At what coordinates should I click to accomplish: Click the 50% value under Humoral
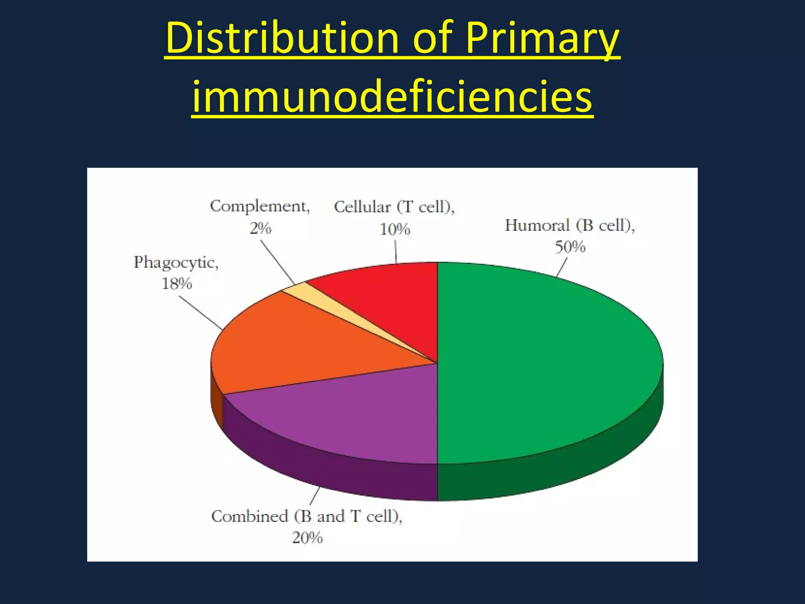570,247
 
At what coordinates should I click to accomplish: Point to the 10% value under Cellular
395,229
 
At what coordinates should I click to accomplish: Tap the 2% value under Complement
260,228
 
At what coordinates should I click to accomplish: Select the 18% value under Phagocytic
177,284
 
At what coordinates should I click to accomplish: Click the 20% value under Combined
307,538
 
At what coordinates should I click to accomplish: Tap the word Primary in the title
542,39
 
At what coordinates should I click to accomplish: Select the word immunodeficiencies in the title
392,96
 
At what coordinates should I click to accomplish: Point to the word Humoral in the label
537,226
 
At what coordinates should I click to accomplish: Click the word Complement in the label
259,206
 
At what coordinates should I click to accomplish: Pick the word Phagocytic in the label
175,262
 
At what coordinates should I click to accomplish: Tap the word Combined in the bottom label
249,516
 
